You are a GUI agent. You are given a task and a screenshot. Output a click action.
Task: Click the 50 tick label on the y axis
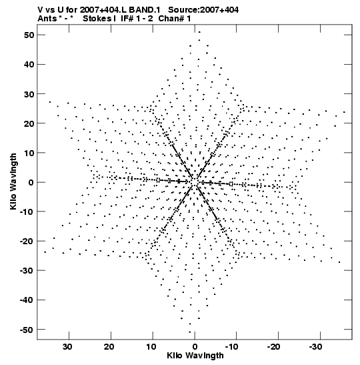click(29, 35)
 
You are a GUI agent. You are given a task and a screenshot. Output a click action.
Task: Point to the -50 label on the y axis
click(27, 330)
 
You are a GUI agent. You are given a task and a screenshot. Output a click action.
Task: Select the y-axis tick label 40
click(29, 65)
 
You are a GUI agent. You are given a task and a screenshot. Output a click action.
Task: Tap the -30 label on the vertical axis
click(27, 271)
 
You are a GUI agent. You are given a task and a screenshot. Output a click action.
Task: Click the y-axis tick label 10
click(29, 153)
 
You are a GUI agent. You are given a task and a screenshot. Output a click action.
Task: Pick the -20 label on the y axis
click(27, 241)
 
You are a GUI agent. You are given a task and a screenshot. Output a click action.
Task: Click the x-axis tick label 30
click(67, 347)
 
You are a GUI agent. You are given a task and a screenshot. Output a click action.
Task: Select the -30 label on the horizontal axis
click(315, 347)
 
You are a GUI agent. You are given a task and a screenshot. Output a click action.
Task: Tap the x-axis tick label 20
click(109, 347)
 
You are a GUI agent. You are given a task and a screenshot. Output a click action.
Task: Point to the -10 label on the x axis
click(232, 347)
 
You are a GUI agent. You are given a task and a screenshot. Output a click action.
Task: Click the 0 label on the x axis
click(195, 347)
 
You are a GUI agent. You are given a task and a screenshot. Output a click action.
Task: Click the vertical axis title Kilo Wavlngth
click(13, 181)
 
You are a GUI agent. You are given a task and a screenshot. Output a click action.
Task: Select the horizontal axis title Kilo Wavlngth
click(195, 356)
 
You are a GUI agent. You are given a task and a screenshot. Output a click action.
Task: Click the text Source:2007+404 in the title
click(203, 10)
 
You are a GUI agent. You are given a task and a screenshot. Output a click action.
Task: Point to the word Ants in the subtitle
click(47, 19)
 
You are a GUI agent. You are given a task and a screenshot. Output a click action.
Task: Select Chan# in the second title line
click(171, 19)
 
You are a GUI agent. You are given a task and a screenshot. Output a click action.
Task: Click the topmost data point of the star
click(199, 32)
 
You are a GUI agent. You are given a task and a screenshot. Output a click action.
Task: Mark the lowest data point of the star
click(190, 332)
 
